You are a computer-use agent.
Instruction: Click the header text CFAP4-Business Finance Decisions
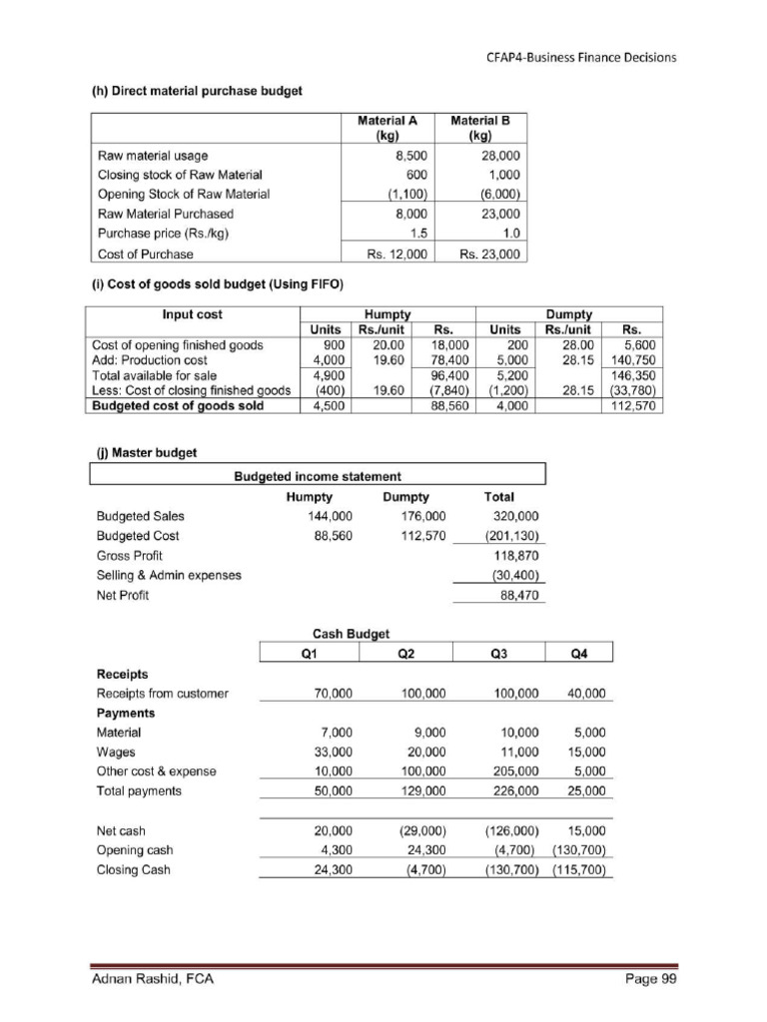tap(581, 57)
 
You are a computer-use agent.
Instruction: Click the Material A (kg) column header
tap(386, 127)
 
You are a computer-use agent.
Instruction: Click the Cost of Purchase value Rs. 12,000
tap(396, 254)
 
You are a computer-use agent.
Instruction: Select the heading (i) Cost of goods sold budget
tap(217, 285)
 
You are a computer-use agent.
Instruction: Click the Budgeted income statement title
tap(318, 476)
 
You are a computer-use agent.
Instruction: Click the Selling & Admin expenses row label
tap(169, 575)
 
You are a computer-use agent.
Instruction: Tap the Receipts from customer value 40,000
tap(586, 693)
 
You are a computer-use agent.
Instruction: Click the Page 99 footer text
tap(651, 979)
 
